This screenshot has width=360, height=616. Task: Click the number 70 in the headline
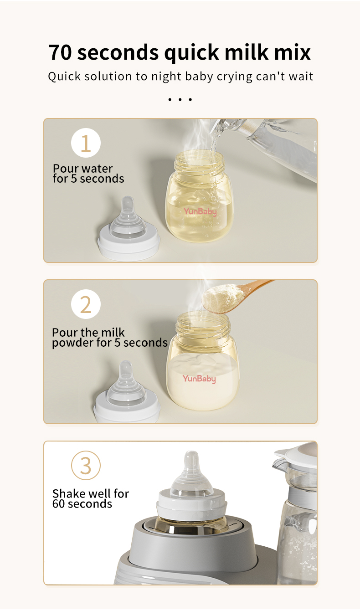point(60,52)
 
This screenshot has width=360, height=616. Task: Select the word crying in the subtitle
point(234,77)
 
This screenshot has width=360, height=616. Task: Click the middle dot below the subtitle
point(180,99)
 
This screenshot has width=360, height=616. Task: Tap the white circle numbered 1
point(86,143)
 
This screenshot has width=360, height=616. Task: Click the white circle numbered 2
point(86,304)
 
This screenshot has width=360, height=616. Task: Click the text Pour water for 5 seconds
point(88,174)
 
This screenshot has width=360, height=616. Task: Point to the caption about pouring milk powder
point(109,338)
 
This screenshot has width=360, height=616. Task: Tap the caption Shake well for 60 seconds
point(91,498)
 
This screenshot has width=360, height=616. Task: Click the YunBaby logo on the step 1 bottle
point(200,211)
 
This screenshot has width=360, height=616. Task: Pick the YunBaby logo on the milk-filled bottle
point(200,379)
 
